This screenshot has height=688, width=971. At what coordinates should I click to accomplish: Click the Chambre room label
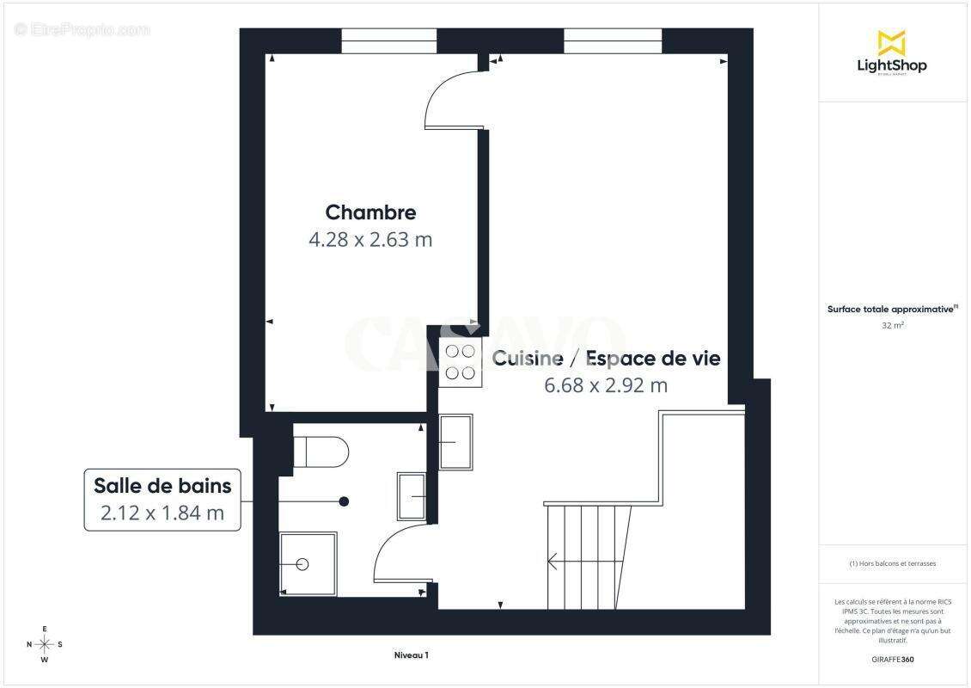pos(370,212)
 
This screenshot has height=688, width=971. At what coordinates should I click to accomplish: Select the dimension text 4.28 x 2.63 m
pos(370,239)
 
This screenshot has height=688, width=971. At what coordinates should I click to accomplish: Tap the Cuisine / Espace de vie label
pos(606,359)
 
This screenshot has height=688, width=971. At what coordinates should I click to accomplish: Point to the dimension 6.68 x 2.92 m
pos(606,385)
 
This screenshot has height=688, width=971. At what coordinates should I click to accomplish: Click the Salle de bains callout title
pos(162,486)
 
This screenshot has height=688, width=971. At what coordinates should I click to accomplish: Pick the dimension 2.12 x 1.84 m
pos(162,513)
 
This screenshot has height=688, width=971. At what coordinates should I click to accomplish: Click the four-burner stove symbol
pos(460,362)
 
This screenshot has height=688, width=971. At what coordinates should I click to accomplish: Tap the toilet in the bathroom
pos(321,451)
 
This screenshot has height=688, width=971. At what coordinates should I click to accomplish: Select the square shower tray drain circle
pos(302,564)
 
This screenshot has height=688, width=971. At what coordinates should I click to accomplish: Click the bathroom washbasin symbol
pos(412,496)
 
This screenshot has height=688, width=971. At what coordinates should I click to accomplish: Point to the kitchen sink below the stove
pos(455,442)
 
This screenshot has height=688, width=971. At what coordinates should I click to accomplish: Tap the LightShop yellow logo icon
pos(892,42)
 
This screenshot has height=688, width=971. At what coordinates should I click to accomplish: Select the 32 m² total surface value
pos(893,326)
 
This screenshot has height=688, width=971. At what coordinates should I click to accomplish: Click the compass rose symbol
pos(45,644)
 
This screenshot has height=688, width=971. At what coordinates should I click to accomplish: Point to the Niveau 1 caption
pos(411,655)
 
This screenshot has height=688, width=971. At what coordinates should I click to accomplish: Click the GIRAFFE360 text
pos(893,660)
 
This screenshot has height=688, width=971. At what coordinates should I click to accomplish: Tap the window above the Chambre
pos(390,40)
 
